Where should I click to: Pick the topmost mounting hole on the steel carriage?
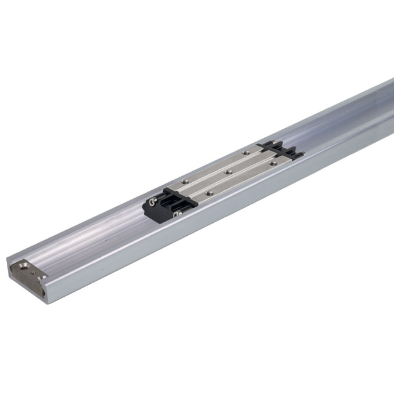point(246,151)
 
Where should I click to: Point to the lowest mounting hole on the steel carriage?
point(210,193)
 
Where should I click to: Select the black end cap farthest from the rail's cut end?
point(280,149)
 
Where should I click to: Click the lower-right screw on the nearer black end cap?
point(177,214)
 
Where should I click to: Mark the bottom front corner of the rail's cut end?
point(44,300)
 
